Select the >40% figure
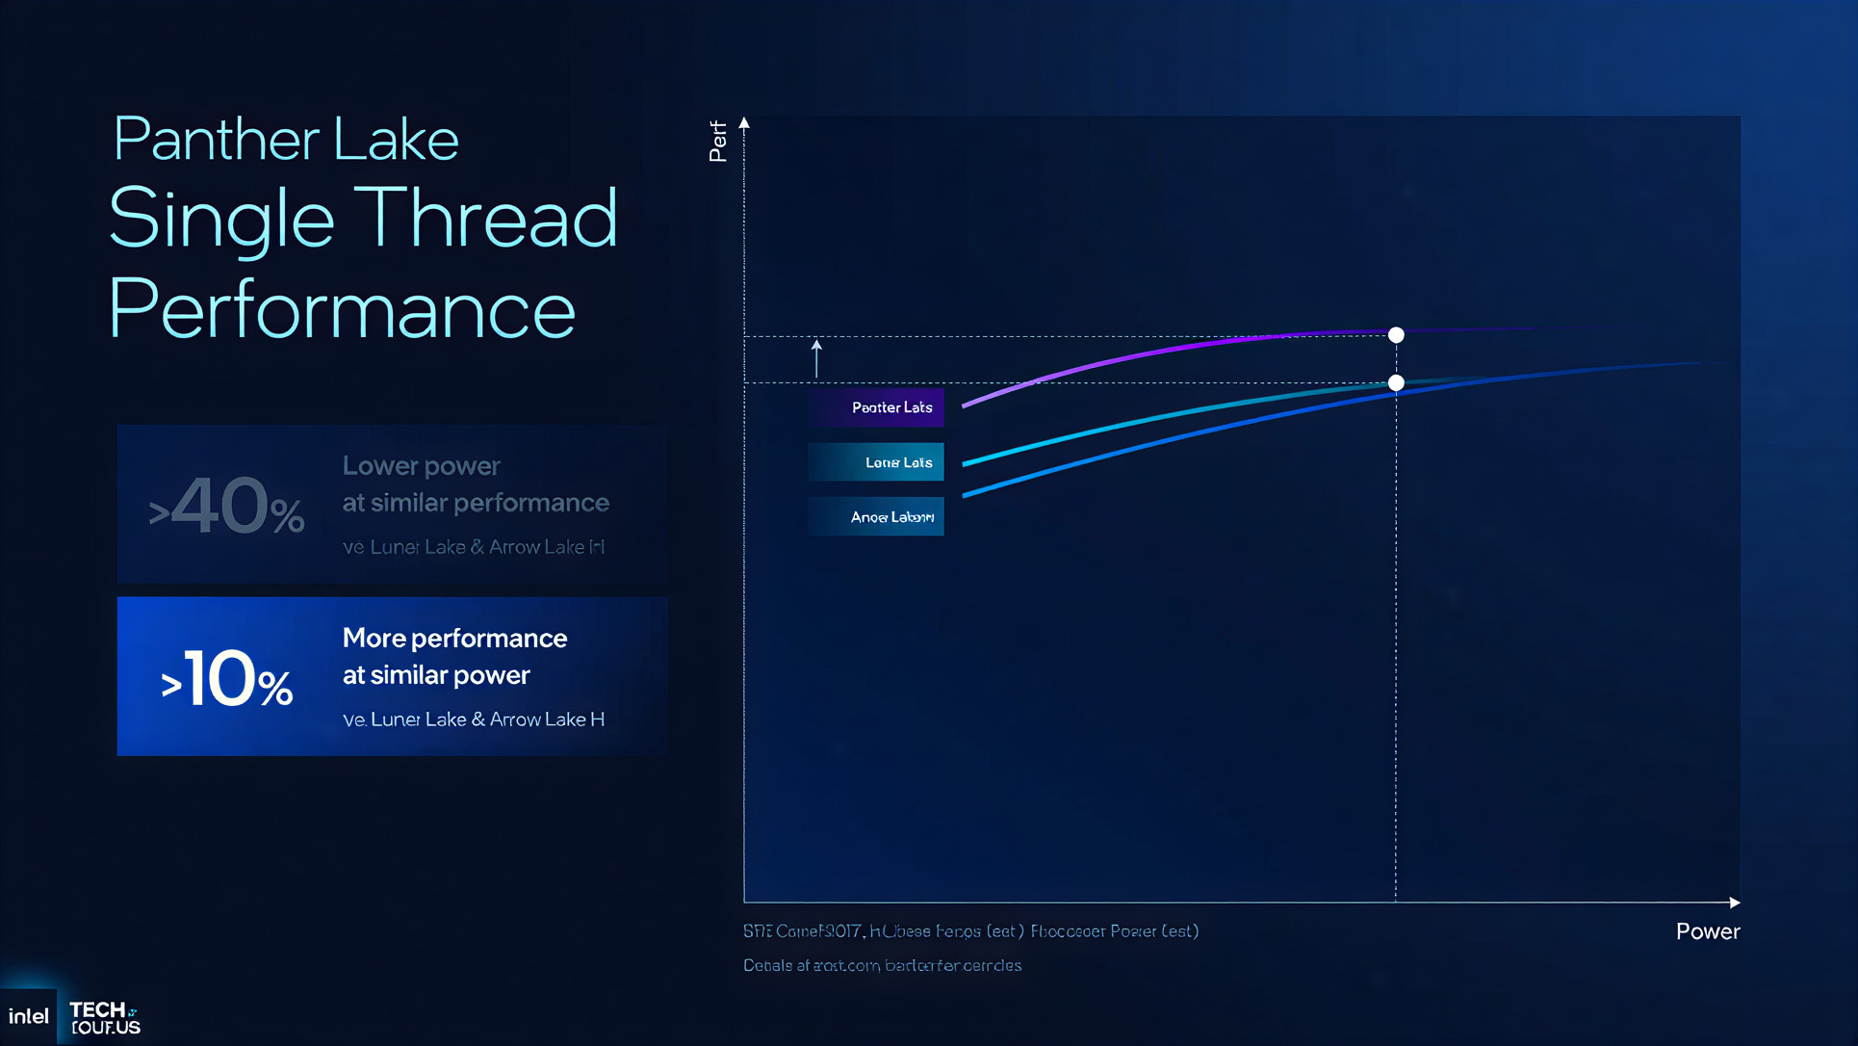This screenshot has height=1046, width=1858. [227, 507]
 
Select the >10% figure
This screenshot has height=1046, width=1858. [227, 680]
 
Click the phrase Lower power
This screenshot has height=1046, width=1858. [421, 466]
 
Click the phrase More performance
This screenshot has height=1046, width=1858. [454, 639]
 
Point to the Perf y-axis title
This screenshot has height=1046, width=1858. [717, 142]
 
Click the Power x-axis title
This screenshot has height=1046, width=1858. [1707, 931]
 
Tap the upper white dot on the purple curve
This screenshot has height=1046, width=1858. [1396, 335]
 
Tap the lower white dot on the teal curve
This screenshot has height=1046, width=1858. [1396, 383]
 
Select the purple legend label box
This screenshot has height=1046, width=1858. [876, 407]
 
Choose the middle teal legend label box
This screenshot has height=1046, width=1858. [876, 462]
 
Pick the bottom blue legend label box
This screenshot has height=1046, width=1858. [876, 517]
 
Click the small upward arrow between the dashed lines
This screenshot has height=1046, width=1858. [816, 357]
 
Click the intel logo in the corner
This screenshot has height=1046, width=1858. [28, 1016]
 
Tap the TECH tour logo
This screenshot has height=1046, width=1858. [104, 1017]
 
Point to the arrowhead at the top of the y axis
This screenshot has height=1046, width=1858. [744, 123]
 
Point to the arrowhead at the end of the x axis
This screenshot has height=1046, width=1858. [1734, 902]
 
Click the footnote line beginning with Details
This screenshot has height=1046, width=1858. [882, 965]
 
